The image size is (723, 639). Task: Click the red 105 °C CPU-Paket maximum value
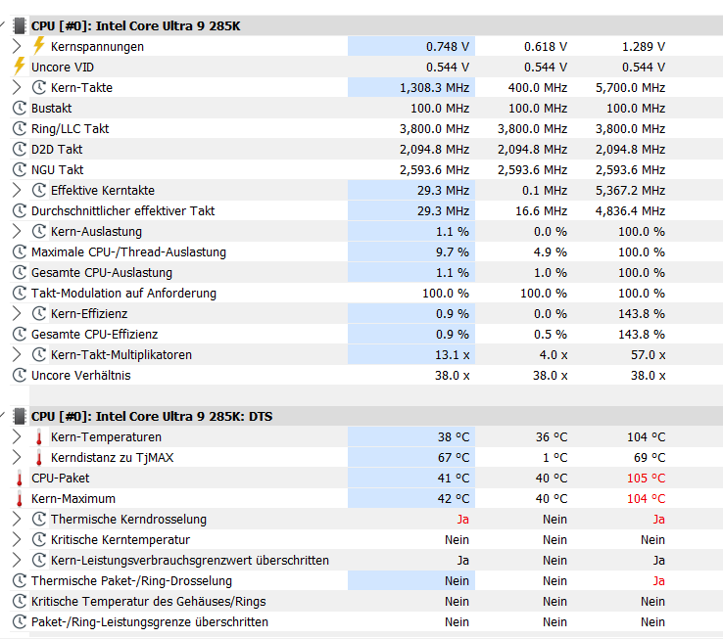tap(647, 478)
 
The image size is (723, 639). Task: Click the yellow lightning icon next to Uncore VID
tap(19, 67)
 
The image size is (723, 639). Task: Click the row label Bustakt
tap(51, 108)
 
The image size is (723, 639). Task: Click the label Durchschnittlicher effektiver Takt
tap(122, 210)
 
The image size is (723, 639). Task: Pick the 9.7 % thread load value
tap(452, 251)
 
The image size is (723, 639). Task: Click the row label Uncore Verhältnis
tap(80, 375)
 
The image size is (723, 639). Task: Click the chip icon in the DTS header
tap(19, 416)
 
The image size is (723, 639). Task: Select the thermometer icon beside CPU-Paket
tap(19, 478)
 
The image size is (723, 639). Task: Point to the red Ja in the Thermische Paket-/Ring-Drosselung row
tap(658, 580)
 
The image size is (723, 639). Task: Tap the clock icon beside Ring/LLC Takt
tap(19, 128)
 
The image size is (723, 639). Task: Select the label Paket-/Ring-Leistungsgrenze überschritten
tap(149, 621)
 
